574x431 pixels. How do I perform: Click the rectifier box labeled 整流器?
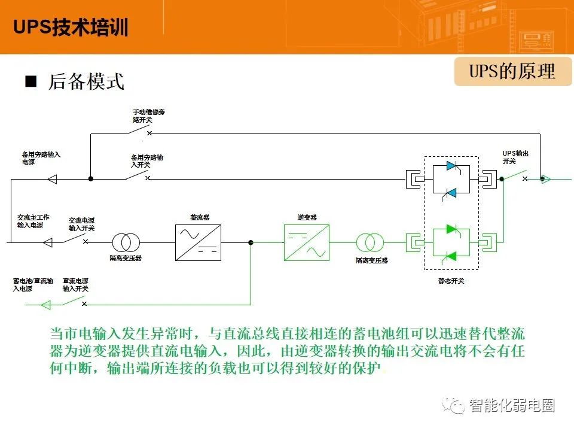198,242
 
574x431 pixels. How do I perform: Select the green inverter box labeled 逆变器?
307,242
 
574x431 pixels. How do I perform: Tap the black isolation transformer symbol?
126,242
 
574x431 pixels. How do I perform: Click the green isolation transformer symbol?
370,242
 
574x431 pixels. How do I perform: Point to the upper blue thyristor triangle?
451,166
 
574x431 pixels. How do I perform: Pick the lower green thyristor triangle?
451,256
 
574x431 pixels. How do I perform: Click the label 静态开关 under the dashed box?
451,281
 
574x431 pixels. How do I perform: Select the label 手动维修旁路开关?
149,116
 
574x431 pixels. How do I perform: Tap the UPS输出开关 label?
515,157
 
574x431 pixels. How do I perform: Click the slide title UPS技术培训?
71,27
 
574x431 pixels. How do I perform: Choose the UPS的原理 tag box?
513,71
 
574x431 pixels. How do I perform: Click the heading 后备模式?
86,81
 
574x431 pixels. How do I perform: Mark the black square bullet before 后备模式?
30,81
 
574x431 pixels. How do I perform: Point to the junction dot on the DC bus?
251,242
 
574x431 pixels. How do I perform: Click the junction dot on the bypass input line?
91,179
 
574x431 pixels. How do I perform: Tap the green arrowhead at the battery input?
46,305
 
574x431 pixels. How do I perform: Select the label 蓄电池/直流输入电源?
33,285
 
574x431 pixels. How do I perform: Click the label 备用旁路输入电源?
41,158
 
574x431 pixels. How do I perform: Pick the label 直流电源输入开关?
75,285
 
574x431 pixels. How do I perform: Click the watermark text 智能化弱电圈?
512,406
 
